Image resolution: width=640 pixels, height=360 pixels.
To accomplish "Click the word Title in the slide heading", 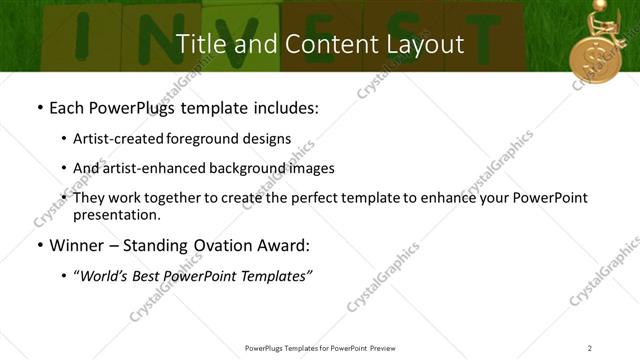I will (200, 45).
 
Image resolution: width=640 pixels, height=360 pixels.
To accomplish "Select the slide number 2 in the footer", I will (590, 348).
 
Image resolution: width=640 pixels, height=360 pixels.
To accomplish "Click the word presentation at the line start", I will (116, 215).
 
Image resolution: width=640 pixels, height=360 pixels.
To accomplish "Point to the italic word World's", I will (103, 276).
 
